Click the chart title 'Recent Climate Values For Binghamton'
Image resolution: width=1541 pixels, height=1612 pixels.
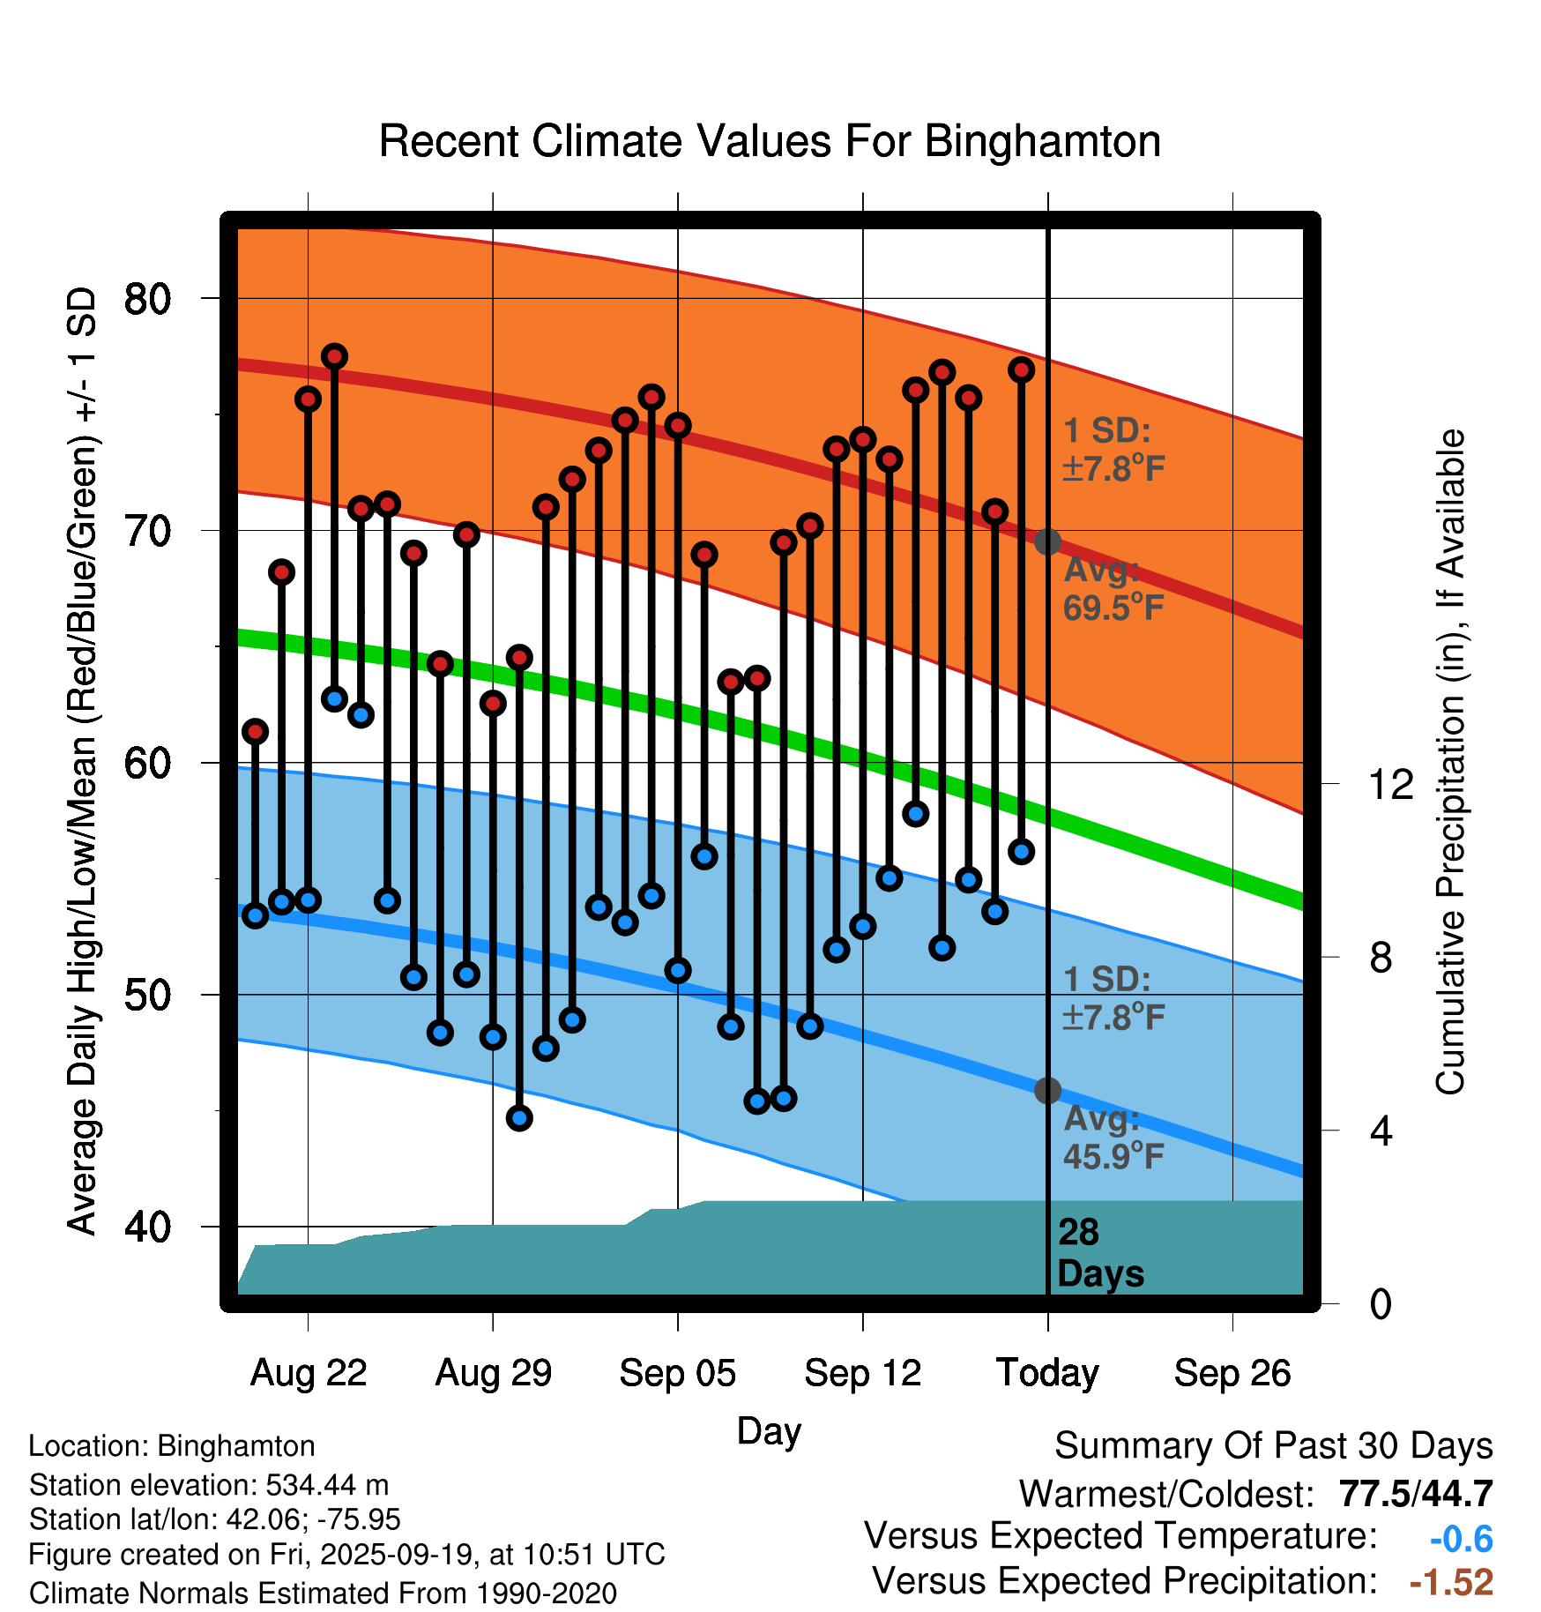point(770,141)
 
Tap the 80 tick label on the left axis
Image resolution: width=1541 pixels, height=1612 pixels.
point(147,299)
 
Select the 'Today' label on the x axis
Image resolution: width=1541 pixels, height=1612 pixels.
point(1047,1373)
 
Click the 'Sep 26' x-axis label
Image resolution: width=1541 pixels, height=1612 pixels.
point(1232,1373)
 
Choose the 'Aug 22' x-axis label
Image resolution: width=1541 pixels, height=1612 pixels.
point(308,1373)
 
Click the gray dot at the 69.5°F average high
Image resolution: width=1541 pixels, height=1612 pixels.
point(1047,541)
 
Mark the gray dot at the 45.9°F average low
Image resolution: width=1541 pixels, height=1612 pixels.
point(1047,1091)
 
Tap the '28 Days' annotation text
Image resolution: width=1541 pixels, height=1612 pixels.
point(1099,1253)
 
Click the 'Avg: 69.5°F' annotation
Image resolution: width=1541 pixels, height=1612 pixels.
point(1113,589)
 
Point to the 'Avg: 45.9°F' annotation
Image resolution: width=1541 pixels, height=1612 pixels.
point(1113,1138)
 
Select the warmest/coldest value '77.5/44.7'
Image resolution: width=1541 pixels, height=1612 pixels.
point(1415,1494)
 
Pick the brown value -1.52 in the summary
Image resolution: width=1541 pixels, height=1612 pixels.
point(1451,1582)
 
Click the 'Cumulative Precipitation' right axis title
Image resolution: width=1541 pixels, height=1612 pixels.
point(1450,763)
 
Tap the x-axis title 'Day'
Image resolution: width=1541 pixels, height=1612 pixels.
point(769,1431)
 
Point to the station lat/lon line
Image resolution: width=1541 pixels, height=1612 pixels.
point(214,1519)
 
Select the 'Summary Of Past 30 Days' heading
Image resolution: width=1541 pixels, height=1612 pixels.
point(1273,1446)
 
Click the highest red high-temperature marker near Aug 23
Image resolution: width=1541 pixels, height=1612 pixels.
point(334,356)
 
